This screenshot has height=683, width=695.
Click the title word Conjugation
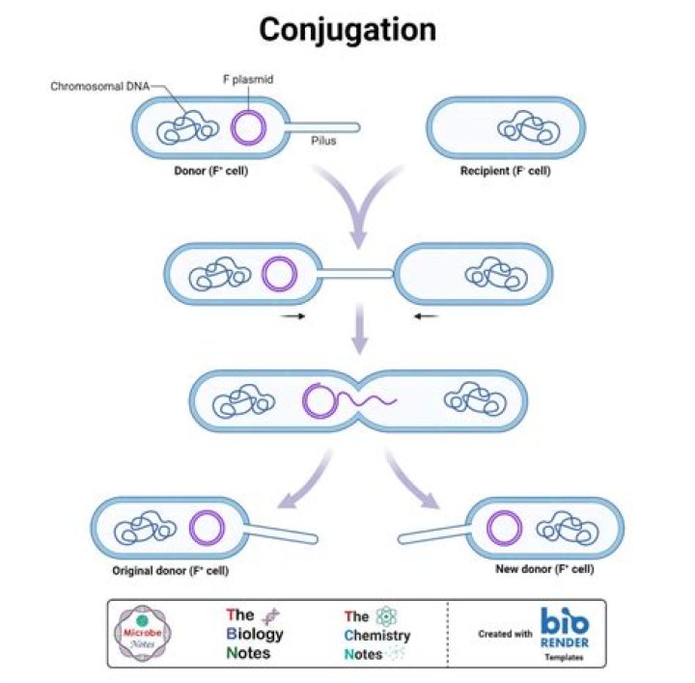[x=347, y=30]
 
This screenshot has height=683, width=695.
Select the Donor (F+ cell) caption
[x=208, y=171]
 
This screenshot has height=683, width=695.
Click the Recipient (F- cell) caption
[x=506, y=171]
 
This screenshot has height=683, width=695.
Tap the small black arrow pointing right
[x=293, y=315]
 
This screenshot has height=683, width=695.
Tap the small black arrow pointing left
[x=426, y=315]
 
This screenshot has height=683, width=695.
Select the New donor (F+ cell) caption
[x=543, y=569]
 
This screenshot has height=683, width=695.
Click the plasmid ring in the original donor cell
[x=206, y=529]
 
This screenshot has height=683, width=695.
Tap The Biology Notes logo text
[x=248, y=633]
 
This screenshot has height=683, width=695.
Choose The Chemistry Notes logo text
[x=377, y=634]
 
